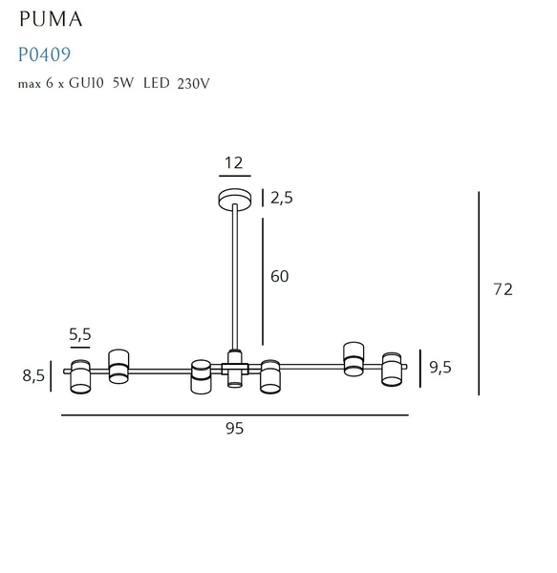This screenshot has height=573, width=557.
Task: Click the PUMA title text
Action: click(x=51, y=19)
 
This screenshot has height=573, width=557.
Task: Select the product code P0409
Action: click(x=45, y=55)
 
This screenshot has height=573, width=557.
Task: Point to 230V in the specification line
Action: click(x=193, y=83)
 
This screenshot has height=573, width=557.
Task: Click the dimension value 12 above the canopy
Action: click(x=233, y=163)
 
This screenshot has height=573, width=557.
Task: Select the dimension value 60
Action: click(x=279, y=276)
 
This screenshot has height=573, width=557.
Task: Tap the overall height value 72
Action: click(x=503, y=289)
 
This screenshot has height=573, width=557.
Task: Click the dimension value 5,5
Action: click(x=80, y=334)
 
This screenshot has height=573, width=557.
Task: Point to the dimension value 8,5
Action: click(x=33, y=375)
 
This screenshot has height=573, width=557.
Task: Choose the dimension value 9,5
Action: click(x=440, y=366)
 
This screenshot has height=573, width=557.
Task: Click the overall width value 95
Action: click(x=234, y=429)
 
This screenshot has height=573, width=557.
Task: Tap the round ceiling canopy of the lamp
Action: click(x=234, y=199)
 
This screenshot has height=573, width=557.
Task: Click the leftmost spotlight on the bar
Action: click(x=80, y=377)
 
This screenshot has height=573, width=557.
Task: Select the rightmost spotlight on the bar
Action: click(x=392, y=370)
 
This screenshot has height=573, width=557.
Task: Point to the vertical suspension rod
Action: click(x=234, y=277)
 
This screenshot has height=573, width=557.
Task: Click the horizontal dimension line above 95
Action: click(x=234, y=415)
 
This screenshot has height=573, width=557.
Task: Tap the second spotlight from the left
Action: click(x=118, y=366)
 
